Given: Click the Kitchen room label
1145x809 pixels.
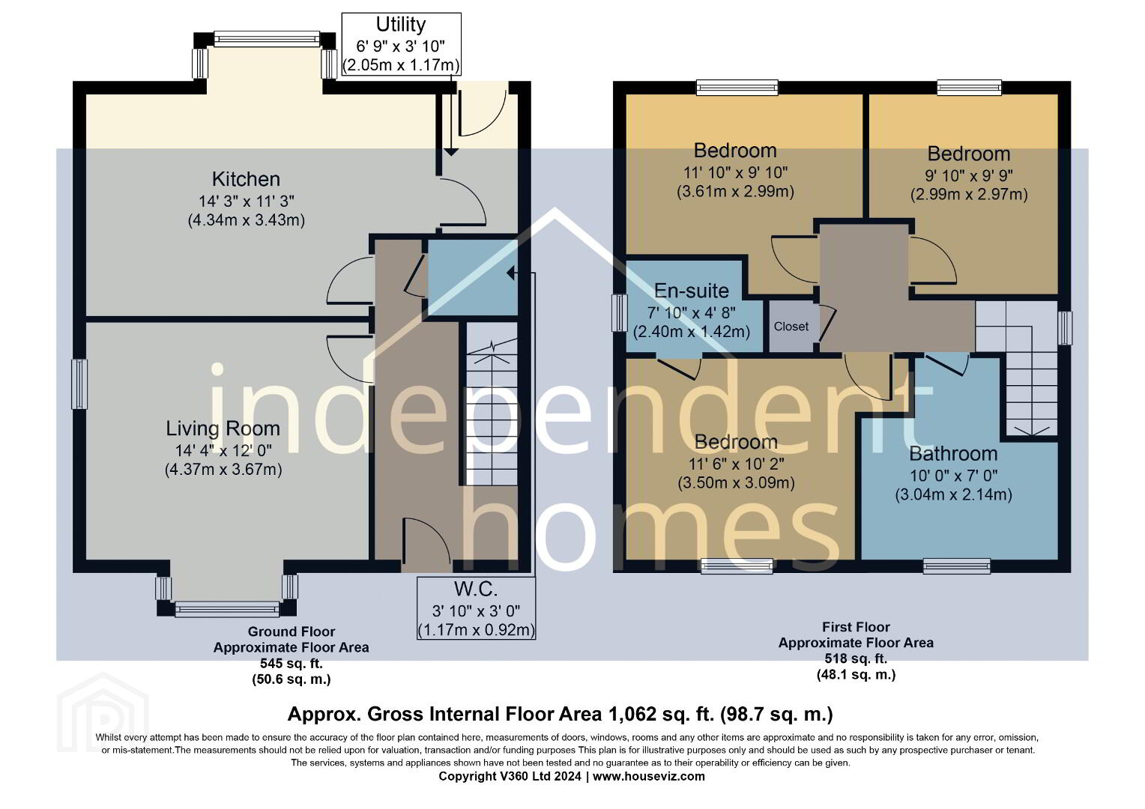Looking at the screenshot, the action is click(x=246, y=179).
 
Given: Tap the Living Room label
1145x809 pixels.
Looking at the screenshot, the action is click(x=223, y=428).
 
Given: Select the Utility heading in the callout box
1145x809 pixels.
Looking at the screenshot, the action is click(x=401, y=25).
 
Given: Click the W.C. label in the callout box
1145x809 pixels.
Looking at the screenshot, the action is click(x=476, y=590).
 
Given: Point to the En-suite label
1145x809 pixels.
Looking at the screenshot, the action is click(x=692, y=291).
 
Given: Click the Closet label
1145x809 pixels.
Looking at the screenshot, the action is click(x=791, y=327).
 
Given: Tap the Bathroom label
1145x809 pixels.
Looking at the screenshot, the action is click(x=953, y=454).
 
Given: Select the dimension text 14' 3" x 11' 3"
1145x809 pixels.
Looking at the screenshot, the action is click(x=247, y=201).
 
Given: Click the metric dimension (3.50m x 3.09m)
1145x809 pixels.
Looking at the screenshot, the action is click(x=736, y=483).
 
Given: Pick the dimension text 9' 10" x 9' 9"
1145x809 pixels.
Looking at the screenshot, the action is click(x=969, y=175).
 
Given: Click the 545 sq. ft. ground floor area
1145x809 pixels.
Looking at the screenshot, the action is click(x=291, y=664).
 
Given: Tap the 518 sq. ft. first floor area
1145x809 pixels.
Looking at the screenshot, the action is click(x=856, y=658).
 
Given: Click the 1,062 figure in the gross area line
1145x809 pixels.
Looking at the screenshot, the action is click(x=629, y=714).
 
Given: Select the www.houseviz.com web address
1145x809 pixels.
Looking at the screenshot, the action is click(x=649, y=776).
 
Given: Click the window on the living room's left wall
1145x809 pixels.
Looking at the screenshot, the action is click(x=79, y=384).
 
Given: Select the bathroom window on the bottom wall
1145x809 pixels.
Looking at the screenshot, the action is click(x=956, y=566).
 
